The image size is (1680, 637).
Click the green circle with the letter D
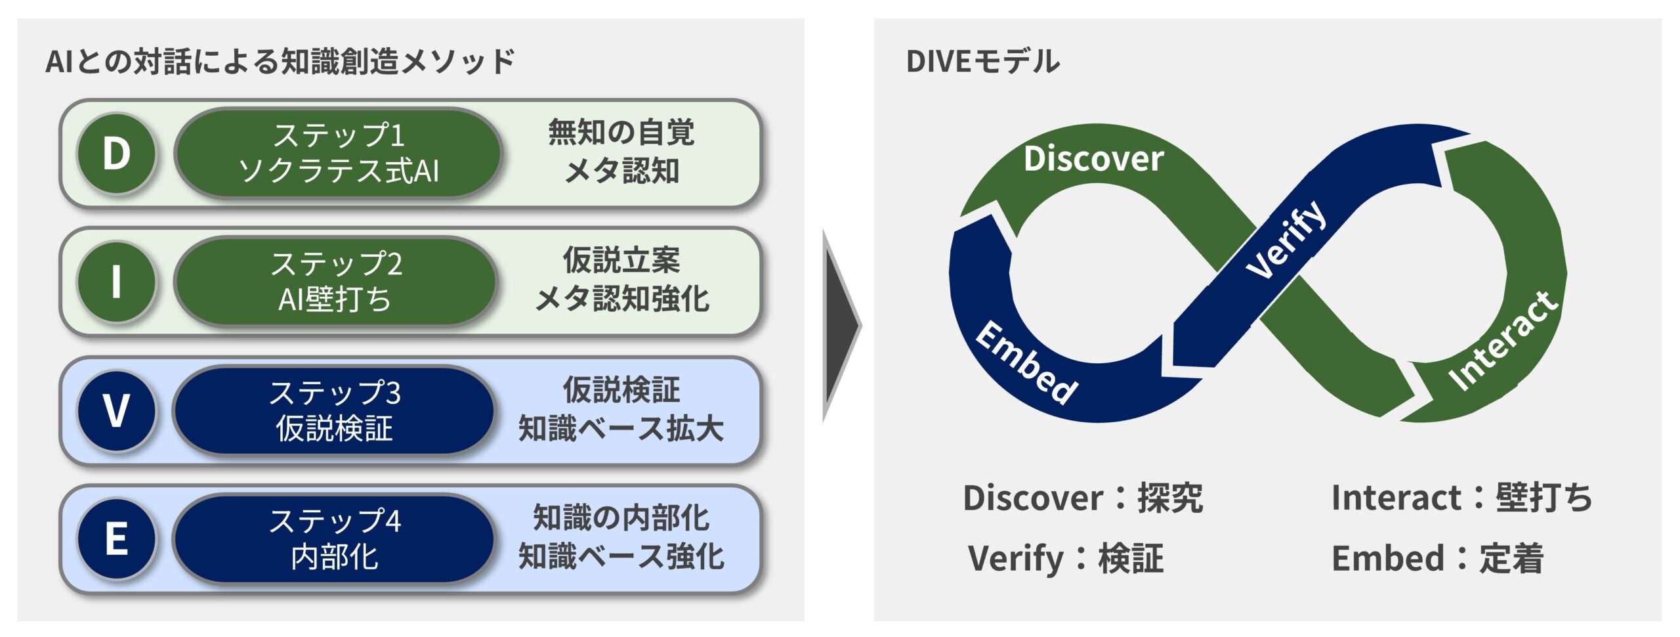point(116,154)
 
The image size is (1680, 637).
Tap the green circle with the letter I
point(116,282)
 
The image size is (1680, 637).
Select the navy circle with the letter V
point(116,410)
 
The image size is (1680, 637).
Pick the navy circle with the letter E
point(116,539)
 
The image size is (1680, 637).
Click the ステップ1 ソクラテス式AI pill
point(338,154)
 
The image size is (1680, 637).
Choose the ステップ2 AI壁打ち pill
point(335,282)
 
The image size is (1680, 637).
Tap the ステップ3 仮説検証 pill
point(334,410)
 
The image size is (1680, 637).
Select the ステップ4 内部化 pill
point(334,539)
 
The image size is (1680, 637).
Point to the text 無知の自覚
point(621,133)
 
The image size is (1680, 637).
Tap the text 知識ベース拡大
point(621,429)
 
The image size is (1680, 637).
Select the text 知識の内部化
point(621,518)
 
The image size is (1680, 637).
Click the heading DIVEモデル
point(982,62)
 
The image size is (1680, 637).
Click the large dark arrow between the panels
point(841,325)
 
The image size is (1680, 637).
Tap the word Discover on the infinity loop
point(1093,160)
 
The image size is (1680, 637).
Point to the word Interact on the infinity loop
point(1503,341)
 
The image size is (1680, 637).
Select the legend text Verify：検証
point(1065,559)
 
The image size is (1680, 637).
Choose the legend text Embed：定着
point(1437,559)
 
